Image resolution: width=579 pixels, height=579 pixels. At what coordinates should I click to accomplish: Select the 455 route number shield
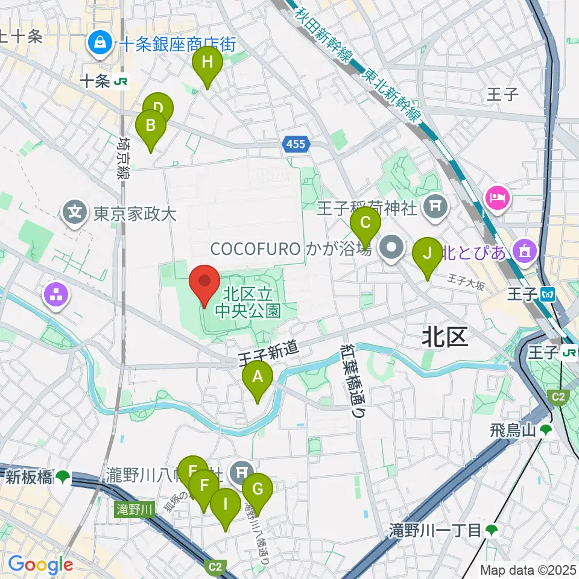(x=296, y=144)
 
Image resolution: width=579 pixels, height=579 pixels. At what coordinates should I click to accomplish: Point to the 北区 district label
(x=445, y=338)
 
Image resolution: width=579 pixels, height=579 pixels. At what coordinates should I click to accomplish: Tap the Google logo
(x=40, y=565)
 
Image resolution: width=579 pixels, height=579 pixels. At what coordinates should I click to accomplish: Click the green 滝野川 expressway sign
(x=133, y=510)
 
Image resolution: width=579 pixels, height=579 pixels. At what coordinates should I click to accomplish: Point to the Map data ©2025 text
(x=528, y=569)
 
